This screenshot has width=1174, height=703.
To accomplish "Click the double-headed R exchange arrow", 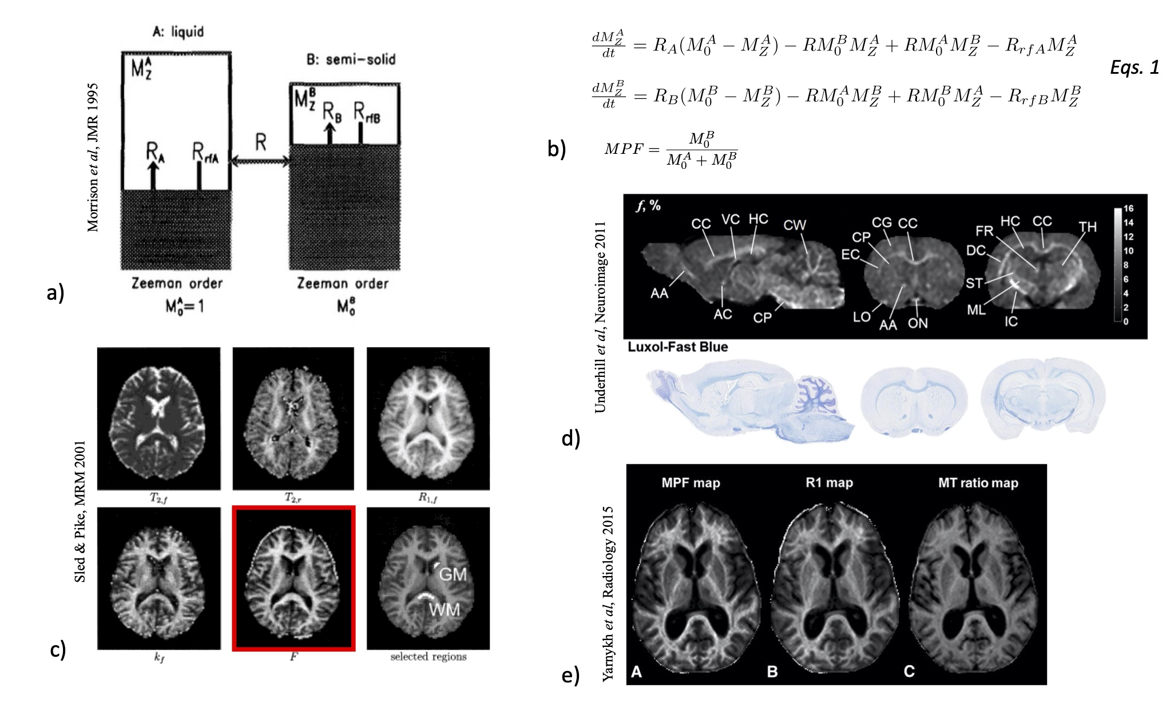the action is coord(260,161).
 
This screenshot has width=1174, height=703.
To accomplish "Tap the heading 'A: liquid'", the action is coord(178,31).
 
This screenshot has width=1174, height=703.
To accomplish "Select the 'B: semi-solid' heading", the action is coord(351,59).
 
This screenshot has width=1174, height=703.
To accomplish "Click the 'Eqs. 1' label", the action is coord(1134,67).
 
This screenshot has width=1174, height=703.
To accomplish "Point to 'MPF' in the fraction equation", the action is coord(624,149).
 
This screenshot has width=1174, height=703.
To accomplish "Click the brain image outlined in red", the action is coord(293,578).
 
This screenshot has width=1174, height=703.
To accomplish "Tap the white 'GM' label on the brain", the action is coord(452,574).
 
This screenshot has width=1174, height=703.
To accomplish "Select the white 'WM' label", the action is coord(444,610).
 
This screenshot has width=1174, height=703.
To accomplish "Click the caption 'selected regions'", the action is coord(428,657).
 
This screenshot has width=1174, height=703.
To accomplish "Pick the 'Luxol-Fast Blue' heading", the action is coord(677,347).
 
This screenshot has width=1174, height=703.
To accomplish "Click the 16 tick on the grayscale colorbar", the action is coord(1128,209).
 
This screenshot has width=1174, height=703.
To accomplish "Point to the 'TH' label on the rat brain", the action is coord(1087,227).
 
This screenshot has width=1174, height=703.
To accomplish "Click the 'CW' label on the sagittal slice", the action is coord(794,225).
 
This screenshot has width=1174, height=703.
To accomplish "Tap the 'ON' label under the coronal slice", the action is coord(918,323).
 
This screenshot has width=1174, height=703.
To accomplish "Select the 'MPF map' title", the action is coord(691,483).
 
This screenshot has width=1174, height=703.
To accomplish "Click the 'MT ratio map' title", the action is coord(978,483).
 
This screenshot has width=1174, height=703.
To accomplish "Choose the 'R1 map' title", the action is coord(829,483).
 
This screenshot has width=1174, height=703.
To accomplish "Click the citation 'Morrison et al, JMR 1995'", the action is coord(93,157).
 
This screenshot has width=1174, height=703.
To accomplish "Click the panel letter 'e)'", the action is coord(570,675).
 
